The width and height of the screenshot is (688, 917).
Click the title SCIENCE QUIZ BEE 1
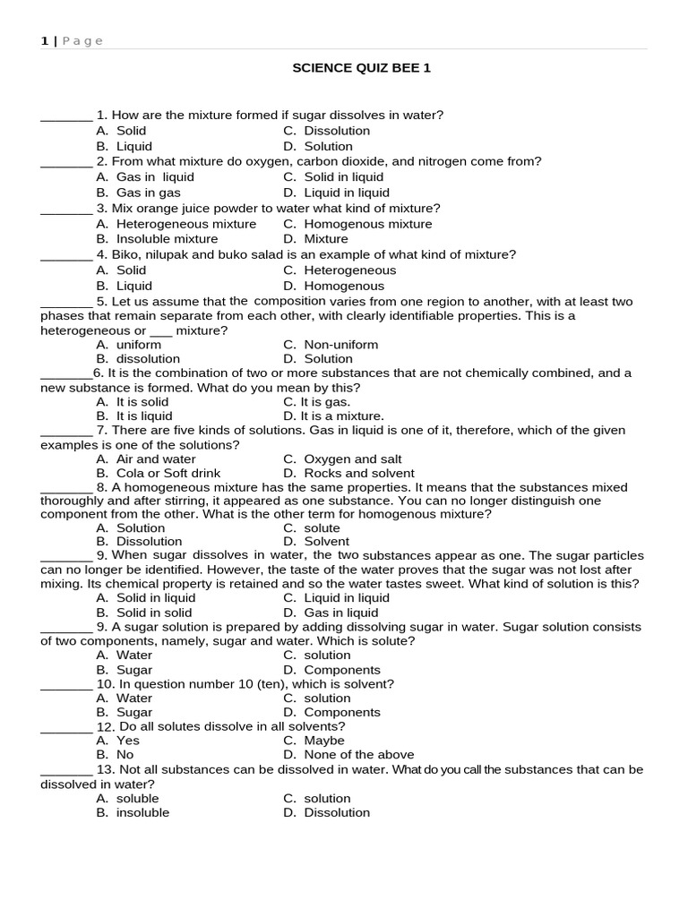coord(361,68)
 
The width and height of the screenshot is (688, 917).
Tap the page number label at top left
coord(72,40)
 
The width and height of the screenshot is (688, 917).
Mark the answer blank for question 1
coord(66,116)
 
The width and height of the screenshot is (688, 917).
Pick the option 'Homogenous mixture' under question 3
coord(367,224)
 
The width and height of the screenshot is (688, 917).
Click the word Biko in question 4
coord(127,254)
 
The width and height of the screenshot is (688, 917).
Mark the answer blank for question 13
coord(66,770)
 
